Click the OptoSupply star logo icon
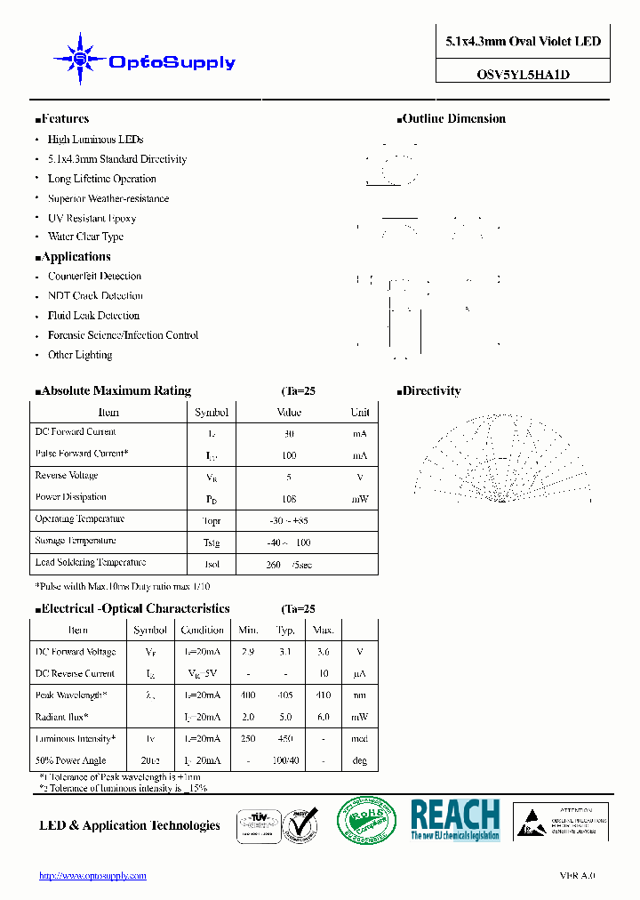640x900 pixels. tap(80, 60)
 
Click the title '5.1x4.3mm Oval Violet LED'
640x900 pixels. tap(523, 42)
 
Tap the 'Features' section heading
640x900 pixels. tap(64, 119)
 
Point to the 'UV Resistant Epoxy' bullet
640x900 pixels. tap(92, 218)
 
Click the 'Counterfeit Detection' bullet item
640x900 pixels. tap(94, 277)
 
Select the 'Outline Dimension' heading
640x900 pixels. tap(452, 119)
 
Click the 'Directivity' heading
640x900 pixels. tap(430, 391)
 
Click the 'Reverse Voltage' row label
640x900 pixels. tap(67, 476)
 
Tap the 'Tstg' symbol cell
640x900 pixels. tap(212, 542)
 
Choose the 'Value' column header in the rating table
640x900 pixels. tap(289, 413)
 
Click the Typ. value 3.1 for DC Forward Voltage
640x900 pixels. tap(285, 653)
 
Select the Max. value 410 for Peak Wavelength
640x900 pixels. tap(324, 695)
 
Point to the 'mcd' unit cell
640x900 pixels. tap(360, 739)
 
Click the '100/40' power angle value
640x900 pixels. tap(285, 761)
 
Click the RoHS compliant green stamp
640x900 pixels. tap(364, 820)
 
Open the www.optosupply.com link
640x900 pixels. tap(92, 876)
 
